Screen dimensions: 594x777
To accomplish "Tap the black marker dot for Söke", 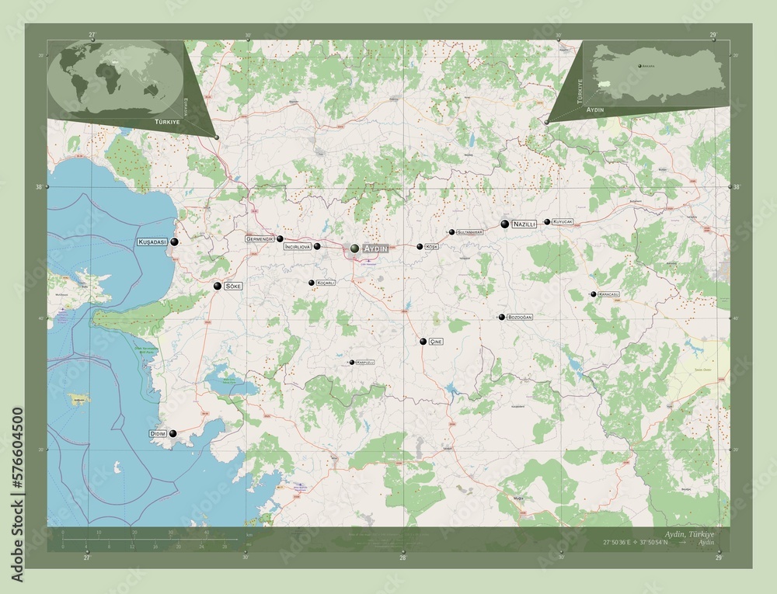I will (x=218, y=287).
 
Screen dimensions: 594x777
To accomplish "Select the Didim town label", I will (x=158, y=434).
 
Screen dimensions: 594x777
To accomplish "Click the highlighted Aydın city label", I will (x=376, y=248).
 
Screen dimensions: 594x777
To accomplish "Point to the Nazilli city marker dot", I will (x=505, y=224).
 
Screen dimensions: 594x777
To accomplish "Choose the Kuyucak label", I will (x=563, y=222).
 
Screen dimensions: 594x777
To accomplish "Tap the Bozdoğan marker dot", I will (x=502, y=317).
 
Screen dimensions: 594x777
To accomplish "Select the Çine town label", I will (x=438, y=342).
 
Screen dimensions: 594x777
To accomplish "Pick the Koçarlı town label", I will (x=326, y=283).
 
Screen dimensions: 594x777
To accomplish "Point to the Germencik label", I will (x=260, y=238).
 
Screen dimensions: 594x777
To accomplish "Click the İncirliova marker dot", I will (x=317, y=246).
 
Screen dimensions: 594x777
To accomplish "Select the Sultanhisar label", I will (x=470, y=232).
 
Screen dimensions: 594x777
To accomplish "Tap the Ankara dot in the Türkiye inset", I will (x=639, y=68).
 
